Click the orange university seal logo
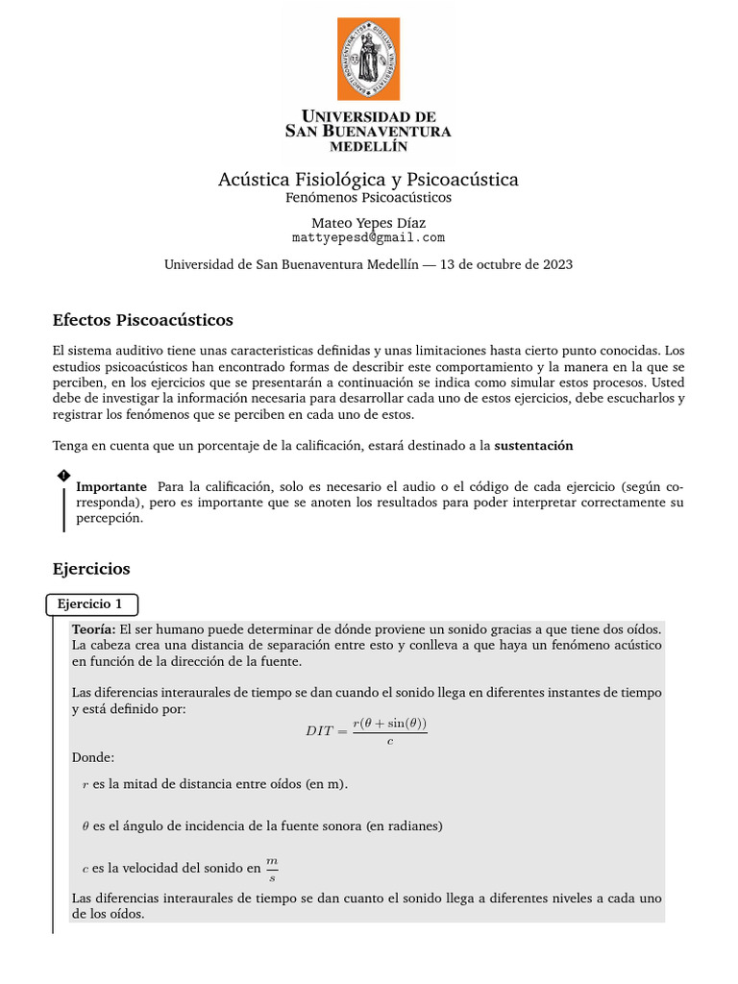[368, 59]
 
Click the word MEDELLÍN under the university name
[368, 147]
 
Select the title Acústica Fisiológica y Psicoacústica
[368, 180]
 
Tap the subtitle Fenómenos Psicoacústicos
[368, 198]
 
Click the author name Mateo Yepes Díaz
[368, 222]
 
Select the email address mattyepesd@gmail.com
[368, 237]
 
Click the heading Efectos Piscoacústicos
[142, 319]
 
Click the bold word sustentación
[533, 446]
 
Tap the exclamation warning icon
[63, 476]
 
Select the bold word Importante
[111, 486]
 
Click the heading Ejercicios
[91, 569]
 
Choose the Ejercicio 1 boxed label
[91, 604]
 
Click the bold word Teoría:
[93, 627]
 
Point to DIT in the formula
[319, 731]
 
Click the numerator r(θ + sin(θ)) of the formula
[389, 724]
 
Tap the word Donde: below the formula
[92, 757]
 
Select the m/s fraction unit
[272, 869]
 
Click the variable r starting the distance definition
[85, 784]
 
